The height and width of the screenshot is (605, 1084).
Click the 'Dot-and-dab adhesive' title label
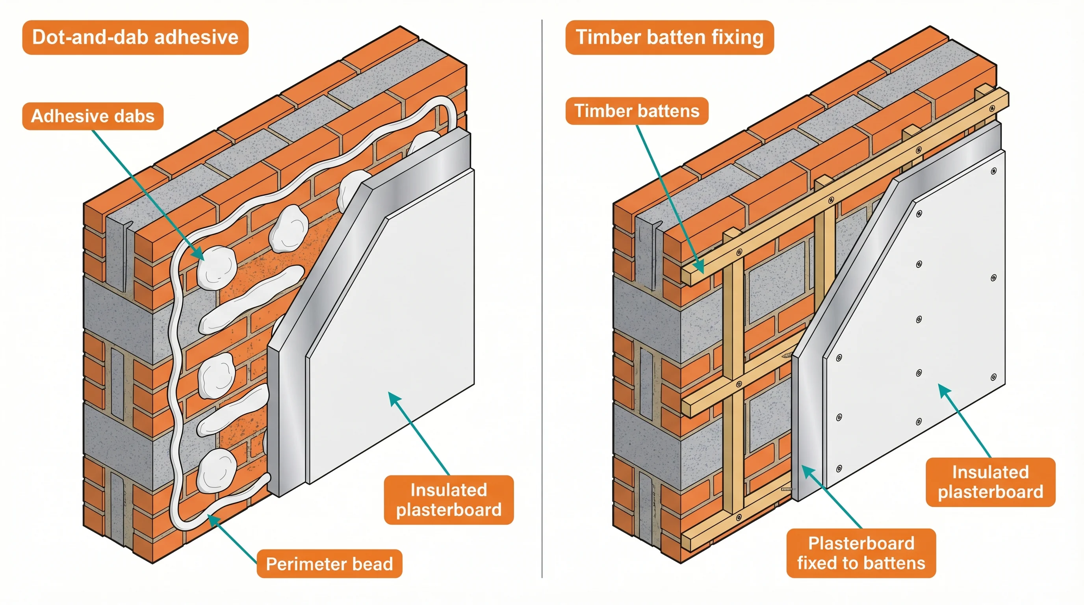point(135,37)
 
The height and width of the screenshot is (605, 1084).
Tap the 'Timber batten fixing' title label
point(669,37)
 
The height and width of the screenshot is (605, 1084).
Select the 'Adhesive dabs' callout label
point(93,116)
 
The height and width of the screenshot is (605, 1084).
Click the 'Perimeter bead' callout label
point(329,564)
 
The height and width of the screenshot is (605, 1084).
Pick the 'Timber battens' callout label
point(636,111)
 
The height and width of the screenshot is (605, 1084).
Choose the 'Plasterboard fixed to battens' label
point(861,553)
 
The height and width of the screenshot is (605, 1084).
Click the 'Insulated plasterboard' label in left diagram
point(449,500)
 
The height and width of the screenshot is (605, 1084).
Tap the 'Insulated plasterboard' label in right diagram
point(990,482)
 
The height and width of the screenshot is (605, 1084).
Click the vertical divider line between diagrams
point(542,295)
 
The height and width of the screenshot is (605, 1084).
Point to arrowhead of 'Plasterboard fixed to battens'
point(806,469)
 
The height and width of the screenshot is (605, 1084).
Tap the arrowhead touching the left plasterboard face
point(393,397)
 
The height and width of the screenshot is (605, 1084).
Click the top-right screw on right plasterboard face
point(993,171)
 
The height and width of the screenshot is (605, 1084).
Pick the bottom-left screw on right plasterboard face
point(839,468)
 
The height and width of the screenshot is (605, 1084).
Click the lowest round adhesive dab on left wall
point(217,470)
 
